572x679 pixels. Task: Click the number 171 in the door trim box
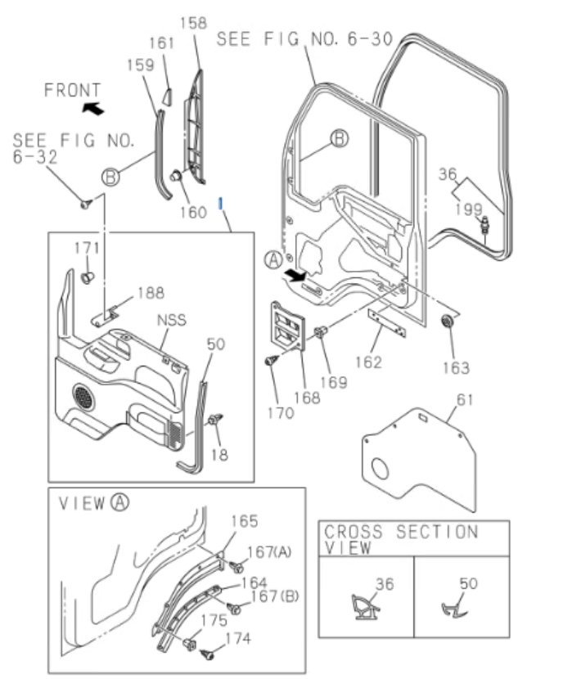[x=87, y=248]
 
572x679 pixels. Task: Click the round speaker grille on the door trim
[x=83, y=397]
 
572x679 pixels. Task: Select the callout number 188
[x=150, y=292]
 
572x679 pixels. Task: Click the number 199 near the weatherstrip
[x=469, y=209]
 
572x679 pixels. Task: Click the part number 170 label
[x=280, y=413]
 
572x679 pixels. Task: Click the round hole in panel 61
[x=381, y=472]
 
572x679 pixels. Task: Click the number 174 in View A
[x=238, y=638]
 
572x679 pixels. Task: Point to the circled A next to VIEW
[x=119, y=502]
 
